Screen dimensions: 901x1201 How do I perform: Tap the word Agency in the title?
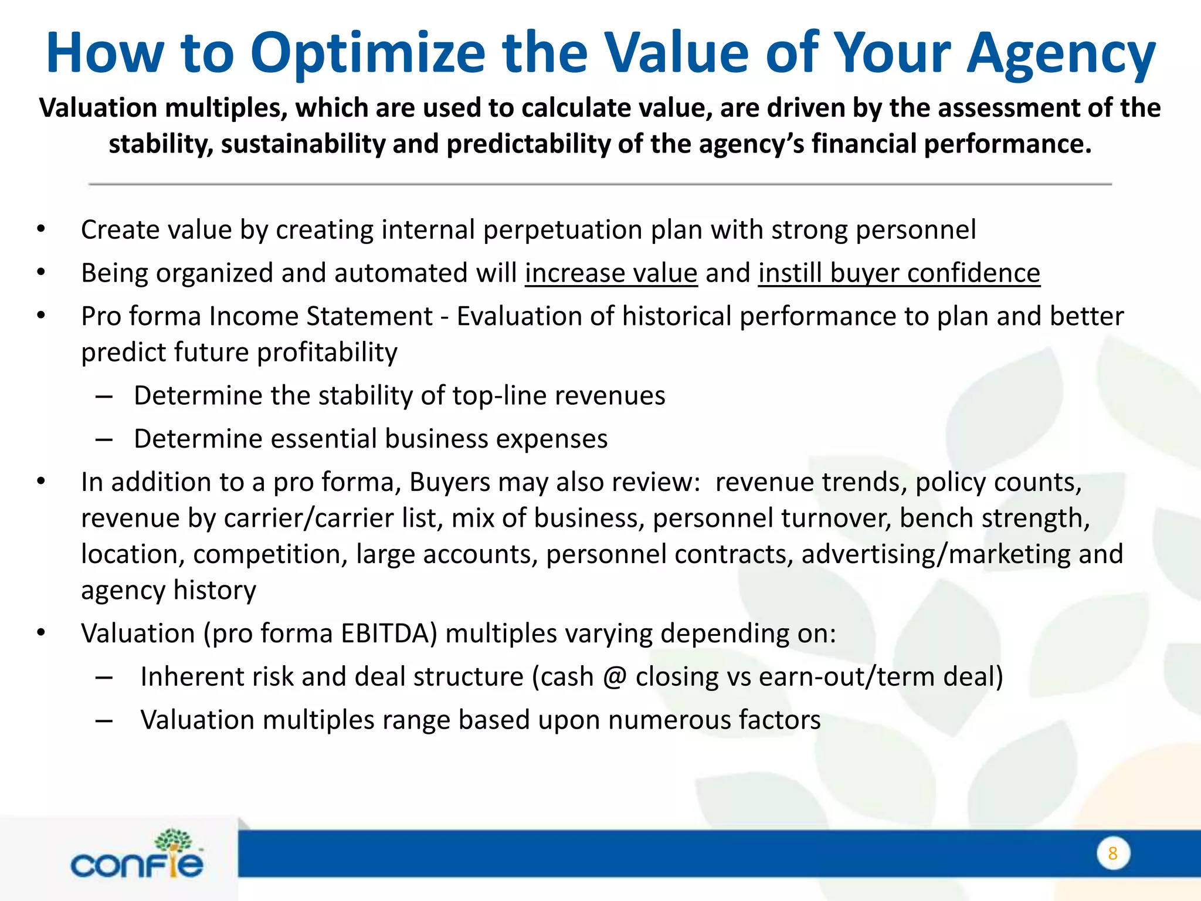[1060, 54]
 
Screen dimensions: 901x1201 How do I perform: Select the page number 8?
[1112, 853]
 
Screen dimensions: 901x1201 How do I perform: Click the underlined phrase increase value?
[611, 273]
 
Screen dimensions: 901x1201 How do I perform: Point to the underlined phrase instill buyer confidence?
[899, 273]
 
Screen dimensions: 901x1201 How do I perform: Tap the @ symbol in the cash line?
[615, 677]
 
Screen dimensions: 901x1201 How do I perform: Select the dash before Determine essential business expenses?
[104, 440]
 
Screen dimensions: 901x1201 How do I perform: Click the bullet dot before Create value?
[40, 230]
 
